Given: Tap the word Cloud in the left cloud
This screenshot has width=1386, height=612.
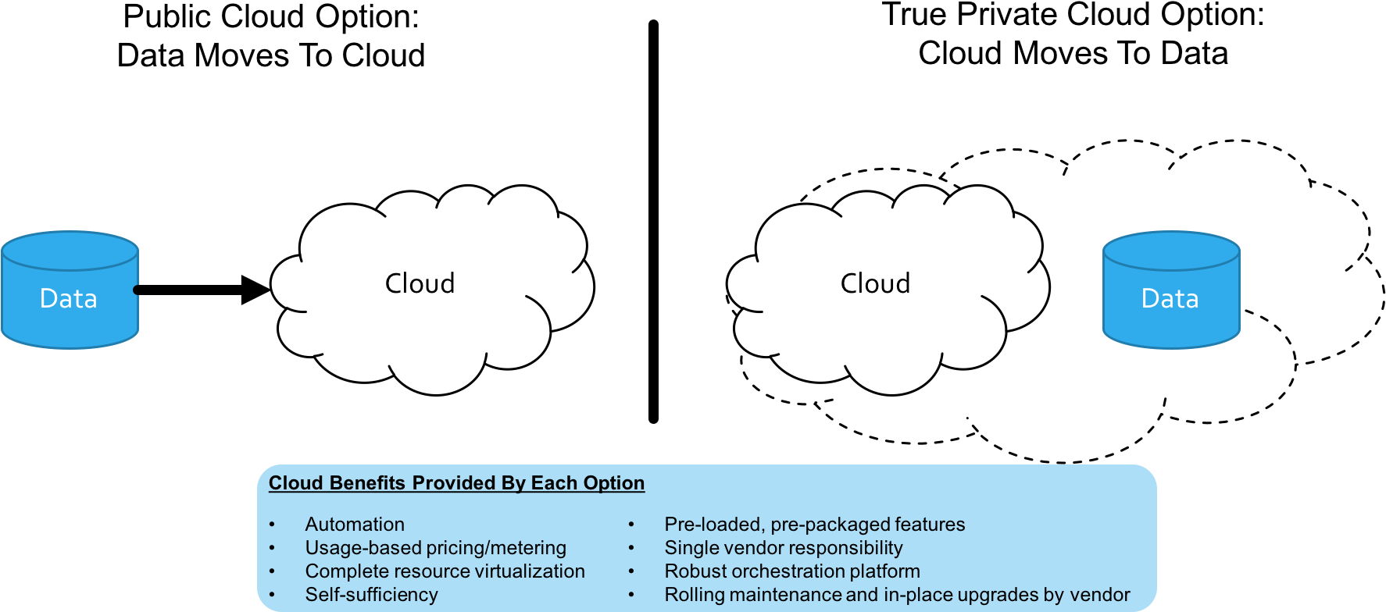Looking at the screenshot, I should [x=420, y=283].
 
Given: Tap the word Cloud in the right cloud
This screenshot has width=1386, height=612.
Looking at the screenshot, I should [x=875, y=283].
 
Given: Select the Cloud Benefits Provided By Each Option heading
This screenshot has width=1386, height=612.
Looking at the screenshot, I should [x=456, y=483].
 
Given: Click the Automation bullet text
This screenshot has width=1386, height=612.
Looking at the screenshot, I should [x=355, y=525].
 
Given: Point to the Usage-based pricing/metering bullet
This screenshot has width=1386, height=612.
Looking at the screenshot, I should [x=435, y=548].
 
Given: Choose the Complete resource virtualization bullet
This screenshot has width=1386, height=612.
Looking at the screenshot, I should [x=445, y=571].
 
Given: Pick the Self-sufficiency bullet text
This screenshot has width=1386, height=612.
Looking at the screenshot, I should [x=371, y=595].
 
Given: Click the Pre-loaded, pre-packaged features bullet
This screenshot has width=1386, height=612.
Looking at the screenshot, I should [x=814, y=525].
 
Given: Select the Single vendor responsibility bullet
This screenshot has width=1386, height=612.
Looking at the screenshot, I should [x=783, y=548].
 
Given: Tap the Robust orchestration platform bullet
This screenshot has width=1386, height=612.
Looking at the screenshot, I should [x=791, y=571].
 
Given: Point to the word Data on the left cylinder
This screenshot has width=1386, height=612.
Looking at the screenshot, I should [x=69, y=298].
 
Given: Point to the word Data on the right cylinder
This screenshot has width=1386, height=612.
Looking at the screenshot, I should [x=1170, y=298].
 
